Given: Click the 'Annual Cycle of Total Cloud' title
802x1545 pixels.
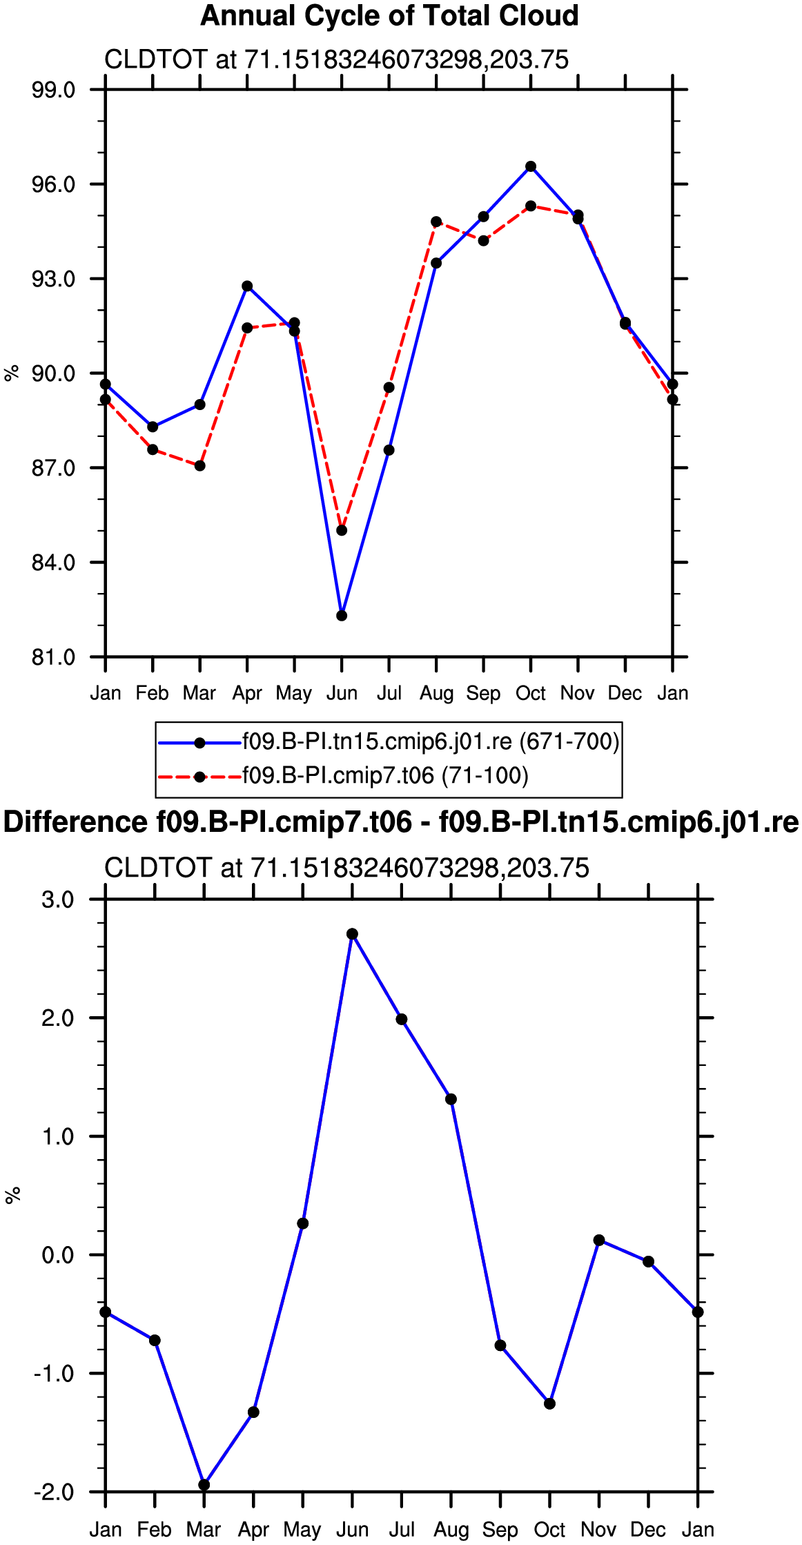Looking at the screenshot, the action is click(389, 16).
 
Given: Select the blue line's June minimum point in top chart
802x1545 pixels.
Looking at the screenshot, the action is click(342, 616).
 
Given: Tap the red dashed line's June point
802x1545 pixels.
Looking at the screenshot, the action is click(342, 530).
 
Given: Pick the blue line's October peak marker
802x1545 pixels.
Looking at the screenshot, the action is click(531, 166).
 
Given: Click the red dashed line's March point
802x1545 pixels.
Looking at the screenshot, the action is click(199, 466).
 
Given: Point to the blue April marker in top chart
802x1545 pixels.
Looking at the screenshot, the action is click(247, 286).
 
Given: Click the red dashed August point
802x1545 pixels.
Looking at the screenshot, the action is click(436, 222).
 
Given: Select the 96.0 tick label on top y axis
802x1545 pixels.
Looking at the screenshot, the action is click(54, 184).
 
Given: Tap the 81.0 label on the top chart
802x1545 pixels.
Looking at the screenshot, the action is click(54, 657).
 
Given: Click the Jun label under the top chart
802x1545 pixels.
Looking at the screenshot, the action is click(342, 693).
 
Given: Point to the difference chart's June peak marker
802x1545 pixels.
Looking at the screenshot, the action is click(352, 934).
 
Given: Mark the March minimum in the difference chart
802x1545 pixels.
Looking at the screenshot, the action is click(204, 1485).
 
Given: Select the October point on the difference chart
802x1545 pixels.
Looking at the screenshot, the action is click(549, 1403).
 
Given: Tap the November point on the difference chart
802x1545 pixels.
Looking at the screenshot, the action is click(599, 1240).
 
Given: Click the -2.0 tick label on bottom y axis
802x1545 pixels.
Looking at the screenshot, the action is click(54, 1493).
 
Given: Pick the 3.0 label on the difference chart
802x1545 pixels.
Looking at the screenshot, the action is click(58, 900).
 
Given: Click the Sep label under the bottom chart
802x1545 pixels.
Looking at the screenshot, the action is click(500, 1530).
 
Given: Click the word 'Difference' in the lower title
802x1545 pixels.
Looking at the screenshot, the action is click(75, 823).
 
